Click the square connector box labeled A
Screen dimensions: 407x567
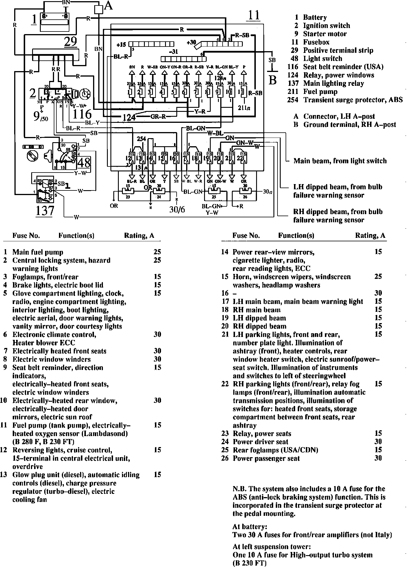click(x=99, y=9)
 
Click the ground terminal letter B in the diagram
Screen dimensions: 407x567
click(x=273, y=80)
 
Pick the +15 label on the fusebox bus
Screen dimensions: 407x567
click(x=122, y=45)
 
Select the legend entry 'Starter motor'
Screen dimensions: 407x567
click(x=325, y=34)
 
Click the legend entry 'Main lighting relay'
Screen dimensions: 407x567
click(x=333, y=84)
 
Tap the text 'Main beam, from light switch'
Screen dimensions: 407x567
click(x=340, y=161)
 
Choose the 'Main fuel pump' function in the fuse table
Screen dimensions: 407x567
click(x=38, y=252)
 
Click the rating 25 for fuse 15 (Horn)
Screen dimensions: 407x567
click(x=378, y=277)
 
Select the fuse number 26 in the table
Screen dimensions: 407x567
click(x=225, y=458)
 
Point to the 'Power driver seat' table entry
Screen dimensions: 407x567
click(x=260, y=442)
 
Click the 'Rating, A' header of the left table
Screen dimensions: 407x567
click(x=139, y=236)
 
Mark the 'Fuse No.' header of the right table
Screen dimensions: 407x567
click(x=246, y=236)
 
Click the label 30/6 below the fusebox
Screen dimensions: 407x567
click(x=177, y=209)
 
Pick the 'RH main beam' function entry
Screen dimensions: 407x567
click(x=257, y=310)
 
